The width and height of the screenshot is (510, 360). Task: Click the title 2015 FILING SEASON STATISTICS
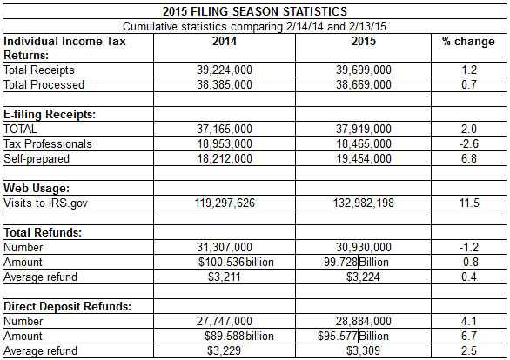(x=255, y=11)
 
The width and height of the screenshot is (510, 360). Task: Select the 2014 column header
(x=224, y=41)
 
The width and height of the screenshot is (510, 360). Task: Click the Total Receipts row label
(x=39, y=70)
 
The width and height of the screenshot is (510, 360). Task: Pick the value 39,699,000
(x=364, y=70)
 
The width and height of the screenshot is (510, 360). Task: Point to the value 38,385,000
(x=224, y=84)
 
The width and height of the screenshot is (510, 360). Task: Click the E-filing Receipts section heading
(x=50, y=114)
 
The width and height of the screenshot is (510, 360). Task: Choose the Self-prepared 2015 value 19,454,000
(x=364, y=158)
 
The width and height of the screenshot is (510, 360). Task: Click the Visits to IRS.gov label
(x=48, y=203)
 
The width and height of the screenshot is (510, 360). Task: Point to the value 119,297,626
(x=224, y=203)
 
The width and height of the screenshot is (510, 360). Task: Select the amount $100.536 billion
(x=236, y=262)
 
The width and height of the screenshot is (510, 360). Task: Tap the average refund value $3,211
(x=224, y=277)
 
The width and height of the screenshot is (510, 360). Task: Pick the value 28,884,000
(x=364, y=321)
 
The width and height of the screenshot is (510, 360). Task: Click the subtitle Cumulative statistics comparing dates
(x=255, y=26)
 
